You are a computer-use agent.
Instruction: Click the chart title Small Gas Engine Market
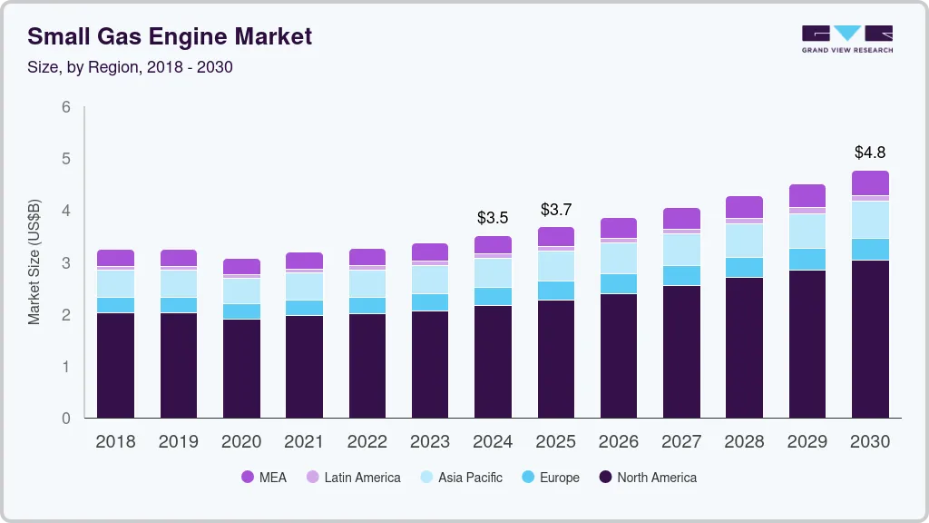pos(170,36)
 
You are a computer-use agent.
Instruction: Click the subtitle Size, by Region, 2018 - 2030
pos(130,67)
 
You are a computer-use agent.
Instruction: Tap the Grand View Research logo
pos(846,39)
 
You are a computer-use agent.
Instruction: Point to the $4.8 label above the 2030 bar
pos(870,152)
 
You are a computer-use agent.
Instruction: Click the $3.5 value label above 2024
pos(493,218)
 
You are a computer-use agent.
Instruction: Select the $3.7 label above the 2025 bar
pos(555,210)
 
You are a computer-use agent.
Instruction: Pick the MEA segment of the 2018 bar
pos(115,258)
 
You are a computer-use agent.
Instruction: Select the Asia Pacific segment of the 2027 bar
pos(681,250)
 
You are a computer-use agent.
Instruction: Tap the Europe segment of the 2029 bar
pos(807,259)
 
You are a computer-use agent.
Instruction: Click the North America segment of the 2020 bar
pos(241,368)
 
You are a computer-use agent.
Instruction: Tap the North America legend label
pos(657,478)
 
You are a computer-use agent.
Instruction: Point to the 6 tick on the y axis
pos(66,107)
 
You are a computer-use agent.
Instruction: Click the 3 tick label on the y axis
pos(66,263)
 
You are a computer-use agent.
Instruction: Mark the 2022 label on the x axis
pos(367,442)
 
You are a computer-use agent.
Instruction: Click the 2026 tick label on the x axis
pos(619,442)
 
